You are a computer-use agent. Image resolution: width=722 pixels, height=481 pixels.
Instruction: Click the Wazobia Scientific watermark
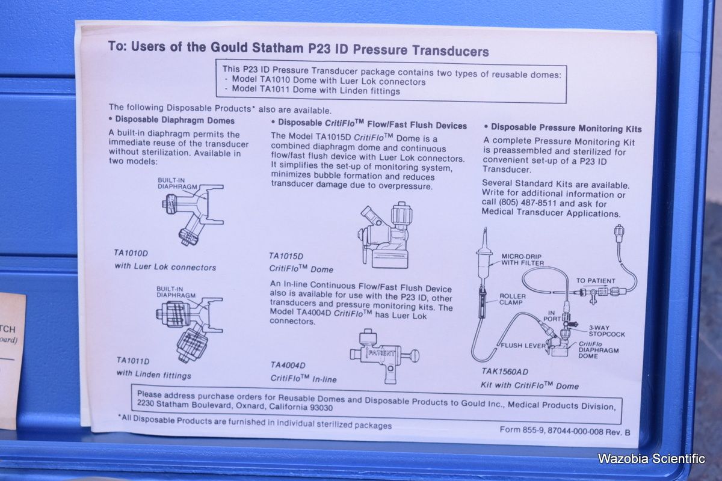click(651, 458)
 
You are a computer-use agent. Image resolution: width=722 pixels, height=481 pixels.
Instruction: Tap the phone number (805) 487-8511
click(527, 203)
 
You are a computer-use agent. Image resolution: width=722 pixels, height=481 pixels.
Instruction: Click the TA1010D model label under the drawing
click(131, 253)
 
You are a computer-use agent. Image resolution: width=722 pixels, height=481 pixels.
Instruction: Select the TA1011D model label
click(133, 361)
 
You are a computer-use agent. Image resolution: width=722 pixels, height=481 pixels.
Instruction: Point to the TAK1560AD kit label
click(505, 372)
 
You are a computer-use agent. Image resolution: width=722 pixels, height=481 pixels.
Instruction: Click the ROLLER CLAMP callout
click(513, 299)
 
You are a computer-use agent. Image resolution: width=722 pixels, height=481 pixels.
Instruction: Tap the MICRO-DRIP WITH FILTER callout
click(522, 260)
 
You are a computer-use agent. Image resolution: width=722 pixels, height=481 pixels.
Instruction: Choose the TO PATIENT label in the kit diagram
click(596, 281)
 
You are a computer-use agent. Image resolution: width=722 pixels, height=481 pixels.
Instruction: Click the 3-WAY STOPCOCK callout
click(606, 331)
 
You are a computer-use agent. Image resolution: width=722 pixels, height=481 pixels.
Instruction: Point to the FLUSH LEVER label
click(523, 346)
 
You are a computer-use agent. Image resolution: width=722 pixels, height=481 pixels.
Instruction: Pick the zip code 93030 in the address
click(321, 408)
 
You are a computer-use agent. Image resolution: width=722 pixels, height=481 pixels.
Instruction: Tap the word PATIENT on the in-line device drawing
click(381, 353)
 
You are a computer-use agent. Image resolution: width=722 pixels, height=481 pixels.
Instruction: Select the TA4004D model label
click(288, 366)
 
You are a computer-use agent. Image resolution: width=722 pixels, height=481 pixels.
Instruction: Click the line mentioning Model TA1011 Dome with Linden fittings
click(316, 90)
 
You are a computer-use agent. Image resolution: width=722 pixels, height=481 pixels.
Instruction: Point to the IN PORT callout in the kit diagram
click(552, 316)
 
